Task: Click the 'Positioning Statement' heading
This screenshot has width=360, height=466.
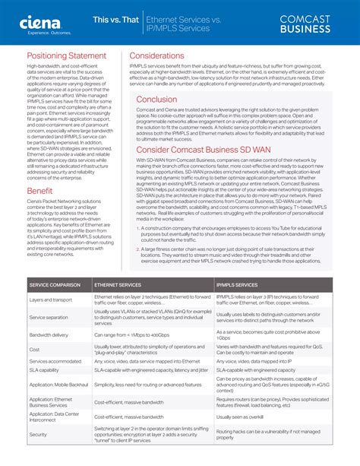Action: pyautogui.click(x=67, y=56)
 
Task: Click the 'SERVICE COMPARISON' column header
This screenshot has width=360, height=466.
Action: pyautogui.click(x=56, y=284)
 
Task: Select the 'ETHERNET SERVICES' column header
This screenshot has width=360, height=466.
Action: pyautogui.click(x=119, y=284)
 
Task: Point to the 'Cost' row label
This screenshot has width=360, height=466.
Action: pyautogui.click(x=34, y=349)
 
